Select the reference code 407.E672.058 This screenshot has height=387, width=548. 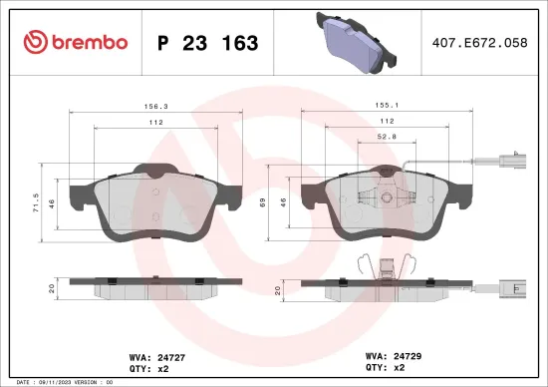pyautogui.click(x=480, y=43)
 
